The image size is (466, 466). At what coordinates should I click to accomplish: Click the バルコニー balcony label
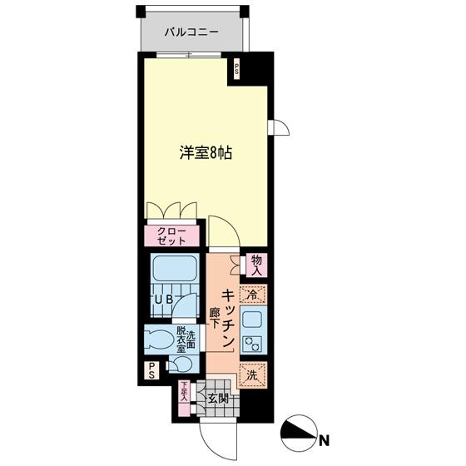[191, 32]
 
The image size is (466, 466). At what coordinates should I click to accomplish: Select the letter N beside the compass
[324, 439]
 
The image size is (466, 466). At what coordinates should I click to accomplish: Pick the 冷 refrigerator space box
[252, 294]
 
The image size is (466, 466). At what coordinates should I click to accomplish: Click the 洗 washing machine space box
[252, 374]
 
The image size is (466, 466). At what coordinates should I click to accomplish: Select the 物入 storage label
[256, 265]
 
